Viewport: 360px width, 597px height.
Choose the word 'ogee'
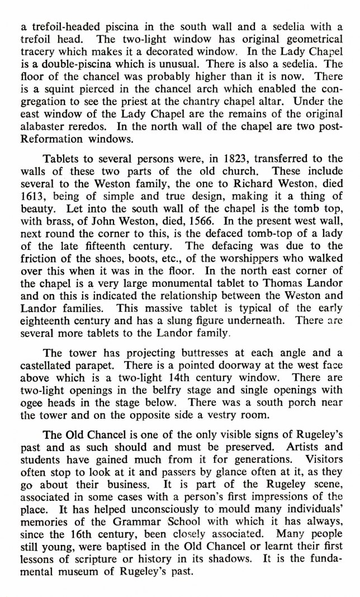click(31, 402)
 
